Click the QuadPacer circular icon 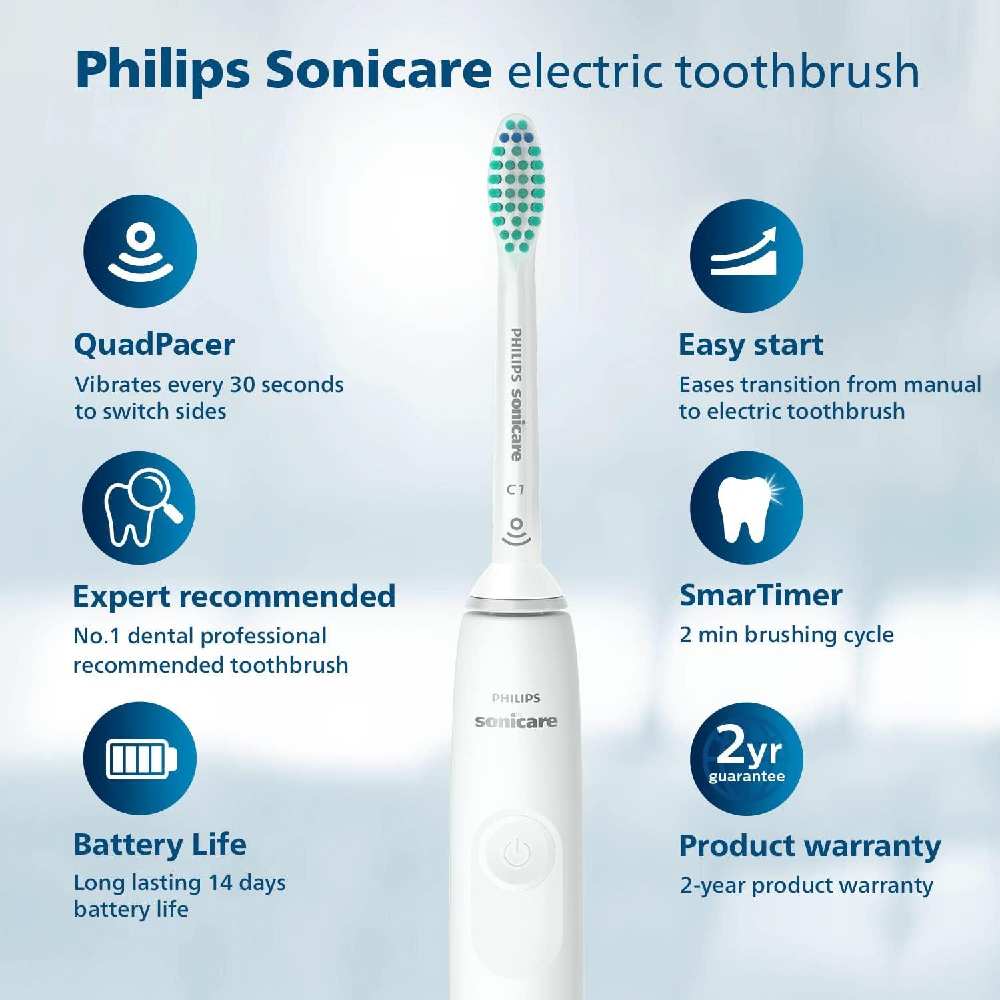click(140, 252)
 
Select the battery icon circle click(140, 759)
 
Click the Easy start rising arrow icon click(746, 257)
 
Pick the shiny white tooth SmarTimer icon click(746, 508)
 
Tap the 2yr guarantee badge click(746, 759)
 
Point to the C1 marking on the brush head click(515, 490)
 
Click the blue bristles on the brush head click(515, 137)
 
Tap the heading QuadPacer click(154, 345)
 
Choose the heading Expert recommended click(234, 596)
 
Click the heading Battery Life click(160, 844)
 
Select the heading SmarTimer click(761, 595)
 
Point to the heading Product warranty click(809, 845)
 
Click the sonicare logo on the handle click(516, 721)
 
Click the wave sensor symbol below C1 click(515, 531)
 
